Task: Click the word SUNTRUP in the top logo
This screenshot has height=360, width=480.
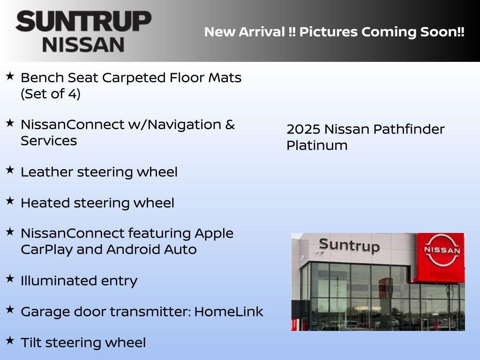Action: point(83,22)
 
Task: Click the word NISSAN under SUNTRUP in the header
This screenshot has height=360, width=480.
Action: point(83,45)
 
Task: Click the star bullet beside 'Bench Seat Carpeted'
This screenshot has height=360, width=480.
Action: point(10,76)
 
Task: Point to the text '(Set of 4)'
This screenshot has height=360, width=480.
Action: point(51,94)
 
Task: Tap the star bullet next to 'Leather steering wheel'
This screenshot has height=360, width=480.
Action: point(10,170)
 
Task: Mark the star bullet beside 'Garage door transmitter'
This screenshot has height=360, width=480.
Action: point(10,310)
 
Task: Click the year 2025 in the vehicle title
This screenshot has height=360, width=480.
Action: point(303,129)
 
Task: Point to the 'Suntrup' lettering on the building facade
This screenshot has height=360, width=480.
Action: point(349,245)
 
